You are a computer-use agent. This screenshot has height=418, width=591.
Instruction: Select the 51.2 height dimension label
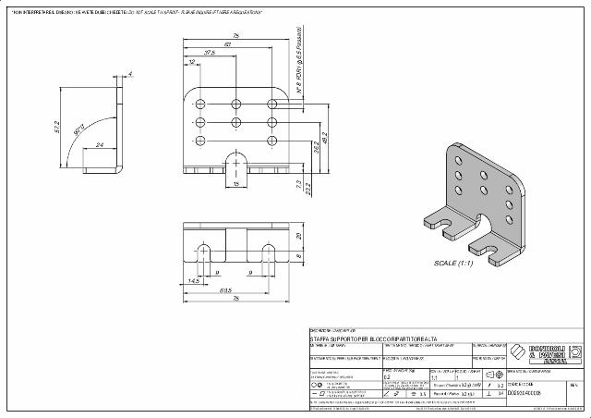click(x=56, y=127)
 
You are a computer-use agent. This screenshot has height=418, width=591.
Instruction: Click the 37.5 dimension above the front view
click(x=210, y=54)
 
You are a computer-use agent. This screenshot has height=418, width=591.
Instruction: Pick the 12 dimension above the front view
click(x=191, y=63)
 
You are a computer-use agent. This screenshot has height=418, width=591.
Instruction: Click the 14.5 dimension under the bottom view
click(x=194, y=280)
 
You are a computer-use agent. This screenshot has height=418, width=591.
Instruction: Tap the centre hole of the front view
click(x=236, y=121)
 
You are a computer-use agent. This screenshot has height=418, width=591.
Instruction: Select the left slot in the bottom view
click(x=204, y=253)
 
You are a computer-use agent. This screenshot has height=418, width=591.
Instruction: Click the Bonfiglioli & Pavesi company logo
click(x=546, y=353)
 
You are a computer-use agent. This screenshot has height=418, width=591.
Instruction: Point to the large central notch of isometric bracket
click(x=483, y=220)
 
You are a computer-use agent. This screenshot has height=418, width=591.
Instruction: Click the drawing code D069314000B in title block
click(x=531, y=393)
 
